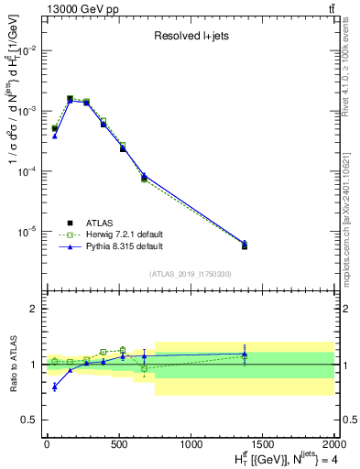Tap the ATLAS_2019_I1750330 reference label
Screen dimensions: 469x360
pos(190,274)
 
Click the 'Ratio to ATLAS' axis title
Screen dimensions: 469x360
pos(12,364)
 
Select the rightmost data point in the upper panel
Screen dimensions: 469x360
pos(245,245)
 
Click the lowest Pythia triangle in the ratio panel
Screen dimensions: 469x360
pos(55,387)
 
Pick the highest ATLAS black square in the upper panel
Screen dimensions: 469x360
pos(71,98)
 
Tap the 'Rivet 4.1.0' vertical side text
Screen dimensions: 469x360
pos(345,64)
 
